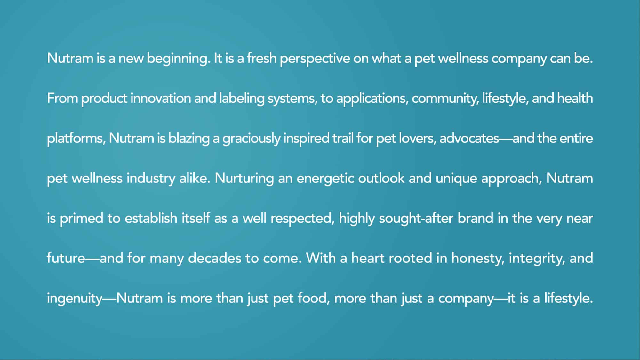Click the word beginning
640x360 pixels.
[179, 59]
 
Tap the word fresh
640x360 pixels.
[261, 58]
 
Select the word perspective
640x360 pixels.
[315, 59]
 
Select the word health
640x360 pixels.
[575, 98]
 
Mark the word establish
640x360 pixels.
[151, 218]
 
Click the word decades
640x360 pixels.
[214, 258]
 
